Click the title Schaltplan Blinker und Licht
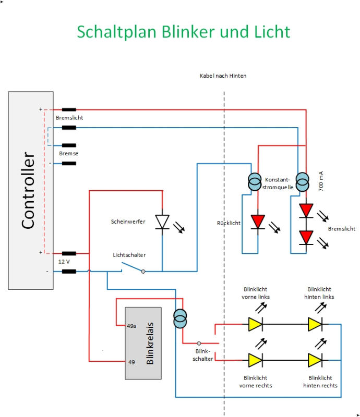[x=183, y=31]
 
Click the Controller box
[x=31, y=190]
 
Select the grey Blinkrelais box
[x=142, y=343]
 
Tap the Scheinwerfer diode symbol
[x=163, y=222]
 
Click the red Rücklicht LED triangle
[x=258, y=222]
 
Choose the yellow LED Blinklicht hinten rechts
[x=315, y=360]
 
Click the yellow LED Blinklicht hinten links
[x=315, y=324]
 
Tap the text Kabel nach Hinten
[x=223, y=76]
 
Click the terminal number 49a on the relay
[x=132, y=327]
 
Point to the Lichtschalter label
[x=129, y=255]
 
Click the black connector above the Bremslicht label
[x=69, y=110]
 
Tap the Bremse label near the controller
[x=68, y=154]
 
